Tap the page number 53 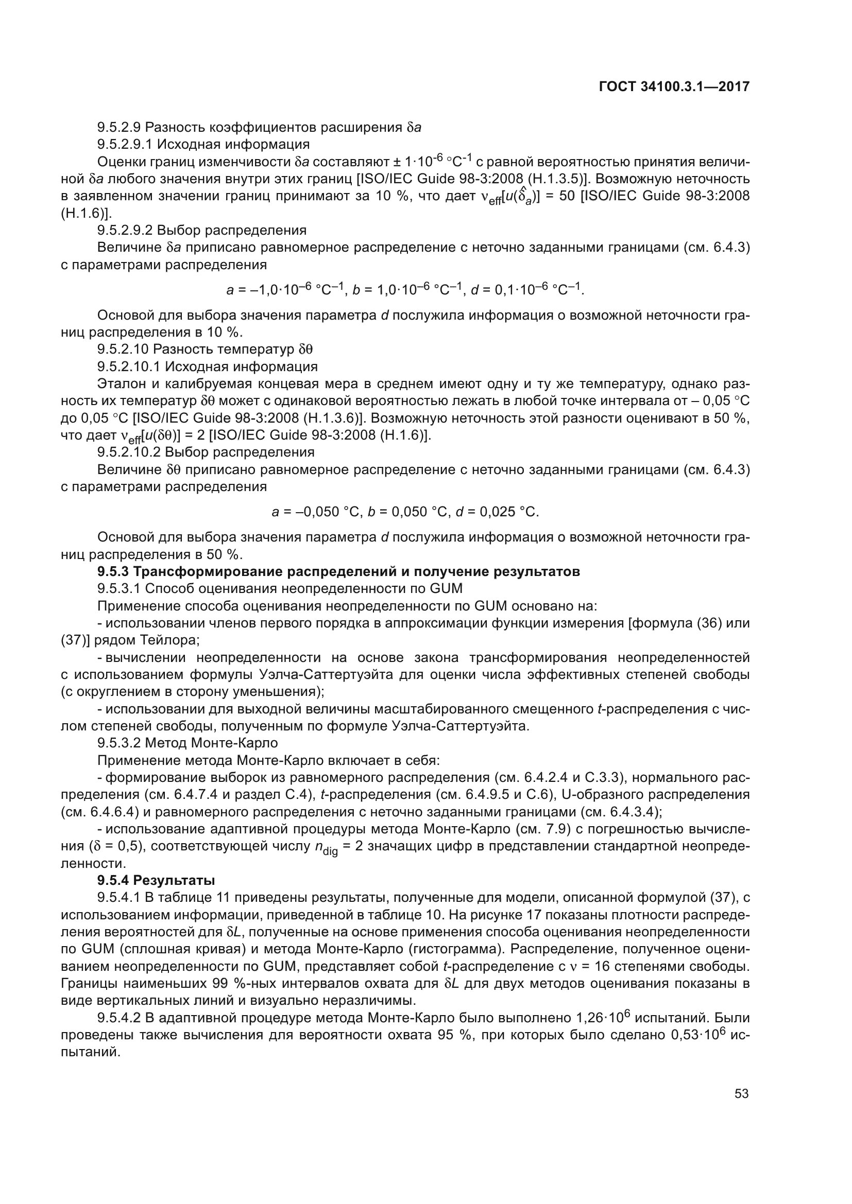point(741,1093)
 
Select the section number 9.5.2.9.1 point(124,144)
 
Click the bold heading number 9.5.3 point(113,571)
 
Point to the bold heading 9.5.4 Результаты point(157,880)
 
